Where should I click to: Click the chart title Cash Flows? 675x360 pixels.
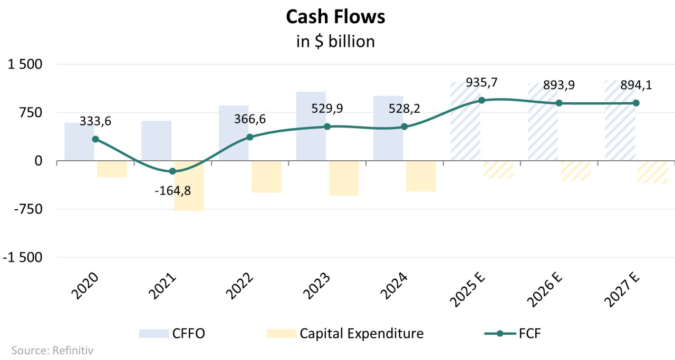(x=335, y=17)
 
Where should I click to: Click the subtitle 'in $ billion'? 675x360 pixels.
(x=335, y=42)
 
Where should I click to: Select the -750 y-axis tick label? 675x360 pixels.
(x=26, y=209)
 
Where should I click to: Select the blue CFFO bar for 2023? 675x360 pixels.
(x=311, y=127)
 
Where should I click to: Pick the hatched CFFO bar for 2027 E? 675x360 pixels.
(x=620, y=121)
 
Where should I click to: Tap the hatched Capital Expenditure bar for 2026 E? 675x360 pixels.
(x=575, y=171)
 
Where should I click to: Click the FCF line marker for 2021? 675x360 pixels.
(x=172, y=171)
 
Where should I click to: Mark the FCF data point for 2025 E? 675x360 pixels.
(x=481, y=100)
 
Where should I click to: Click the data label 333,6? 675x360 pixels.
(x=96, y=121)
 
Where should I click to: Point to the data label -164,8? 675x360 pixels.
(x=173, y=191)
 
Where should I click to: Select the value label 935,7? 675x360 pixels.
(x=482, y=83)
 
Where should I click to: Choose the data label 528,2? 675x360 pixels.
(x=404, y=109)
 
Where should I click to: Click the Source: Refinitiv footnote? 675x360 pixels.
(x=47, y=350)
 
